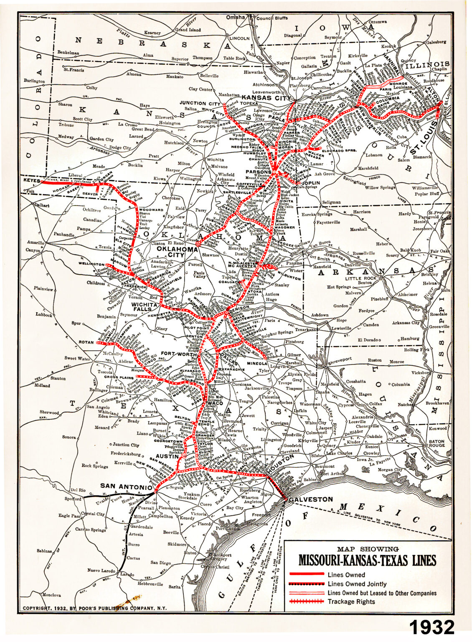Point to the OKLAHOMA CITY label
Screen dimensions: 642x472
[177, 252]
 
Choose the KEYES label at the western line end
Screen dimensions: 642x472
[31, 181]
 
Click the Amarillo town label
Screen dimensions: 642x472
[36, 243]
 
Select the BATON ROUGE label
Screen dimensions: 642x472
[436, 443]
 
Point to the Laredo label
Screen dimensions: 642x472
[127, 575]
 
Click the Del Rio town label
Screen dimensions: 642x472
[78, 490]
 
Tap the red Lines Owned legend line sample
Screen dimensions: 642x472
[306, 574]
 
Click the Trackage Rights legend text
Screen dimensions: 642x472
[351, 601]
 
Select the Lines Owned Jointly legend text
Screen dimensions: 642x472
[357, 583]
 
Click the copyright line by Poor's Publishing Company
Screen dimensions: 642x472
[94, 608]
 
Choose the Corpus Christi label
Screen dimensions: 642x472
[215, 567]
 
